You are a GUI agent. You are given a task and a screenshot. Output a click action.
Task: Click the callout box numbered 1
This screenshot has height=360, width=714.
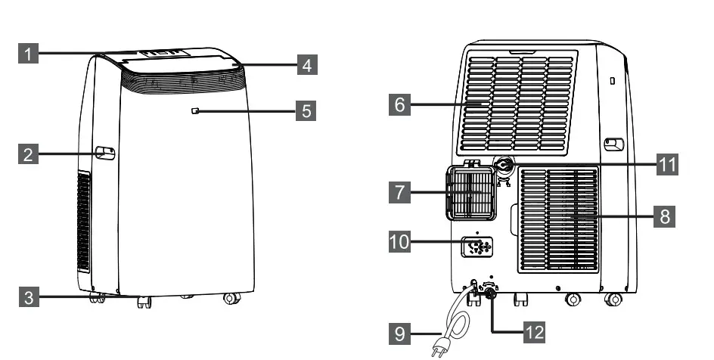(28, 54)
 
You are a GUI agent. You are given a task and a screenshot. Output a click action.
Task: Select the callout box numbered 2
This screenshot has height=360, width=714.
(28, 155)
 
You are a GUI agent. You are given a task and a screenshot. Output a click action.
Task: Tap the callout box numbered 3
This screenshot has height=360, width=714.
(28, 297)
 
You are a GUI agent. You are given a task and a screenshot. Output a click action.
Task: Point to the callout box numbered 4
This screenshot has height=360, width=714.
(306, 65)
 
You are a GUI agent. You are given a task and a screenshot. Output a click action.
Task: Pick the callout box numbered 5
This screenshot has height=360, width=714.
(306, 111)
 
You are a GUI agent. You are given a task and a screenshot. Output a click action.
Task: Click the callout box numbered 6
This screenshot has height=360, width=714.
(401, 104)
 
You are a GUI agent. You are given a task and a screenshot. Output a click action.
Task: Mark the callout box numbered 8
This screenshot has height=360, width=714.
(665, 216)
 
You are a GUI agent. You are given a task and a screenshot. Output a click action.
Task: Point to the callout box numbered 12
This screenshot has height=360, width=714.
(534, 331)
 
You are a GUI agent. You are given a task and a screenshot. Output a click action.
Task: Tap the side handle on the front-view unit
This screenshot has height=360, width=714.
(105, 153)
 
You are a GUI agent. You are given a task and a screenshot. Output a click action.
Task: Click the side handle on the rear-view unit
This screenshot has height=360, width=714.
(613, 143)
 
